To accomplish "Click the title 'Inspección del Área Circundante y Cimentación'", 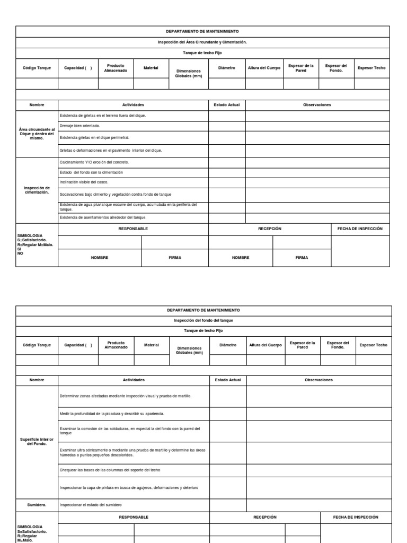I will pos(202,42).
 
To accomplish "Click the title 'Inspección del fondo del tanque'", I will pos(203,320).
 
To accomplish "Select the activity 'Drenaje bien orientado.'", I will pos(79,126).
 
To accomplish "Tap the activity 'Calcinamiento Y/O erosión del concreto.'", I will pos(94,162).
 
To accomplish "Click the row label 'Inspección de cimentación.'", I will pos(37,190).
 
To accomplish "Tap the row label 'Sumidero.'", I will pos(37,504).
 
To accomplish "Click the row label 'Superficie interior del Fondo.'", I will pos(37,441).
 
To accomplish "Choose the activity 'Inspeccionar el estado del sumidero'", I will pos(91,504).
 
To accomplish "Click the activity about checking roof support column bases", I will pos(110,470).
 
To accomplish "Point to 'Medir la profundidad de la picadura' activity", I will pos(112,413).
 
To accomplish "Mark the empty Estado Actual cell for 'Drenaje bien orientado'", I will pos(226,126).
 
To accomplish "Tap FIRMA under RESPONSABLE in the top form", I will pos(175,257).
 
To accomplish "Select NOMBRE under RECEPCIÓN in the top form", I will pos(241,257).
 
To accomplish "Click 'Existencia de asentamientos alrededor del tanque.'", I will pos(103,217).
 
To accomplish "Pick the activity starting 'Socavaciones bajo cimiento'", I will pos(115,195).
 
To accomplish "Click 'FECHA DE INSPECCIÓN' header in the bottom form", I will pos(356,517).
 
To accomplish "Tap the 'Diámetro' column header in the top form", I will pos(226,68).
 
